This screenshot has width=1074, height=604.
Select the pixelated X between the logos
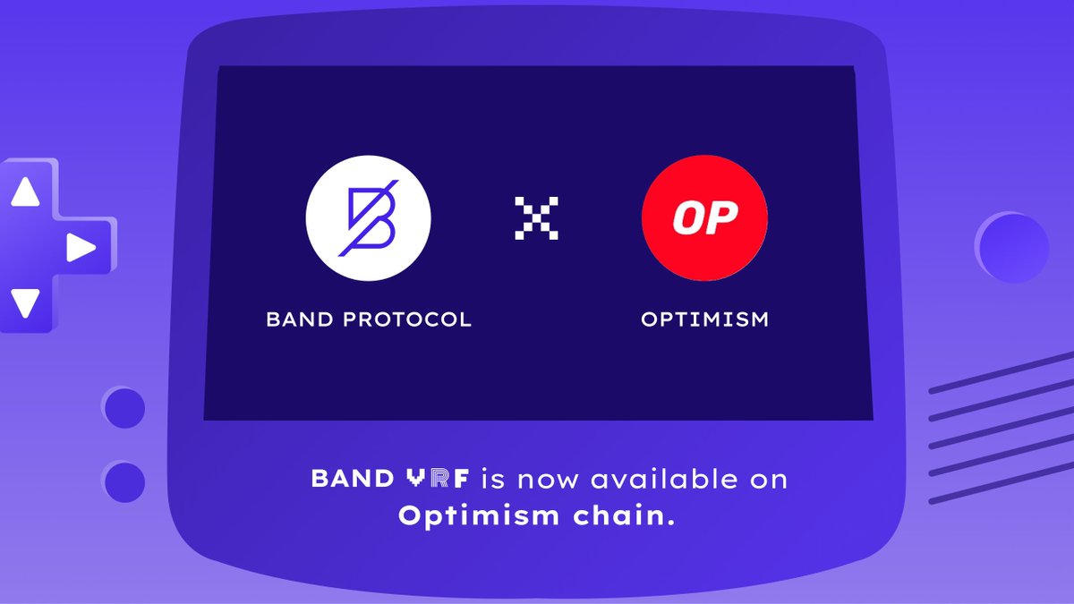point(536,217)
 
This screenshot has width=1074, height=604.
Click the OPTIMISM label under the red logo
point(704,319)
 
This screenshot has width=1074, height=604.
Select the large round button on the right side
point(1012,248)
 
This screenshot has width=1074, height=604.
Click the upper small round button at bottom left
point(124,408)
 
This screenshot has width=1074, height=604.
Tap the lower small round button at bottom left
point(124,482)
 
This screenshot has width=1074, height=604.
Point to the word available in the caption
point(664,479)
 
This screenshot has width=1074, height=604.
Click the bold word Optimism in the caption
point(479,516)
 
